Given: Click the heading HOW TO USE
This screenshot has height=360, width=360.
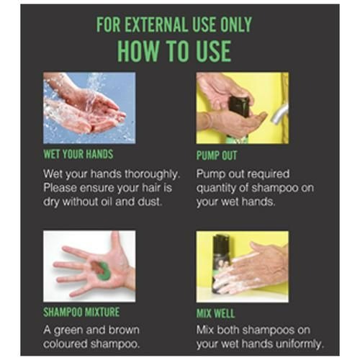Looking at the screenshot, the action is tap(174, 51).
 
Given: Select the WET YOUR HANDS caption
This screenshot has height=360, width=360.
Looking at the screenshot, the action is tap(78, 154).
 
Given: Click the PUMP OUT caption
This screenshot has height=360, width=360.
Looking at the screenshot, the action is tap(217, 156).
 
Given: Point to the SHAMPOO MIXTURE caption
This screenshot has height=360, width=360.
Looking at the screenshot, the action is tap(81, 312).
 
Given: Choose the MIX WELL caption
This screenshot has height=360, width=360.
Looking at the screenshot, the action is tap(215, 313).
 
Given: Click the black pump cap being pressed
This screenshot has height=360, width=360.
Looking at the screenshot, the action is tap(238, 106).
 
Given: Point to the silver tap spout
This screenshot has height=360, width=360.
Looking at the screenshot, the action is tap(279, 114).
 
